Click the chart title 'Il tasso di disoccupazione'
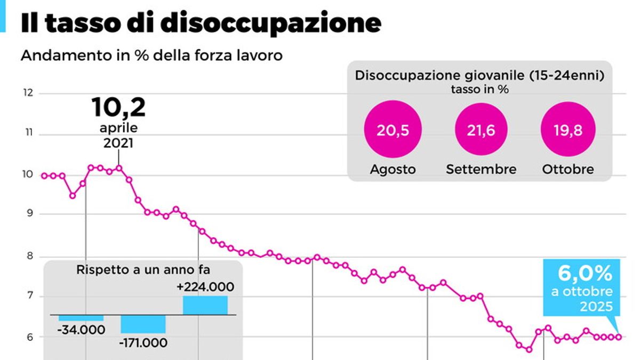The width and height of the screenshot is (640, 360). point(201,24)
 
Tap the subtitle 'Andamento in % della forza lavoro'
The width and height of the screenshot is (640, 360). point(151,55)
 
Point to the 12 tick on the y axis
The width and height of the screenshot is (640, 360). point(28,93)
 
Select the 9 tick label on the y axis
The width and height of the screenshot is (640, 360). point(28,214)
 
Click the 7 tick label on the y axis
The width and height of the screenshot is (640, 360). point(28,296)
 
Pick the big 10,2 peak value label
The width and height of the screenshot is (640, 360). point(118,108)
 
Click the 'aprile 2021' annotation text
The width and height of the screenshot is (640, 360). point(118,136)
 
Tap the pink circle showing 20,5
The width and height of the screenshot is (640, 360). point(393,131)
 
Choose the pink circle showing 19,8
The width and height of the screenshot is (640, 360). point(568,131)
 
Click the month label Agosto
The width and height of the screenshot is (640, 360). point(393,170)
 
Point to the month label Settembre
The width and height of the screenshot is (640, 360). point(481,170)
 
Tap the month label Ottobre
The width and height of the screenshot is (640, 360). point(568,170)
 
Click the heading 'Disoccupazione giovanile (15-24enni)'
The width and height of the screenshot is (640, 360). point(479,76)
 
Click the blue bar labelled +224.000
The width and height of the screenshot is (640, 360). point(205,305)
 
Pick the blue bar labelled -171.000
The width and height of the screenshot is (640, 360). point(143,324)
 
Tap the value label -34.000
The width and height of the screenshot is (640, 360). point(81,330)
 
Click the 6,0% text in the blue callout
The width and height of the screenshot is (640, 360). point(585,274)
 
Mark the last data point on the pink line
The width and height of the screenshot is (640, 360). point(619,337)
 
